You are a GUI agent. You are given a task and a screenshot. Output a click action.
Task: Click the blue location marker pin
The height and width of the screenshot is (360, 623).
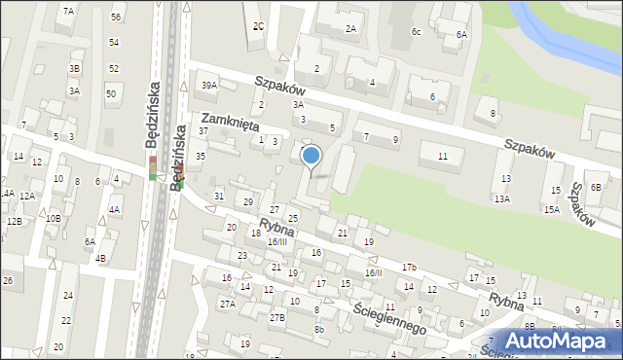coord(311,155)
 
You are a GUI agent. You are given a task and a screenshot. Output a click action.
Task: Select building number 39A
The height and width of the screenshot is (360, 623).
coord(209,86)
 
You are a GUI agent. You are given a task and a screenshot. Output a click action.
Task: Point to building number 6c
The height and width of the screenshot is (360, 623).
coord(416,32)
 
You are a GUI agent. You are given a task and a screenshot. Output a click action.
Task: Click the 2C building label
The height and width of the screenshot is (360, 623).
coord(258,26)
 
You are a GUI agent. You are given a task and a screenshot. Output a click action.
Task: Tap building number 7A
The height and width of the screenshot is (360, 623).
coord(68,11)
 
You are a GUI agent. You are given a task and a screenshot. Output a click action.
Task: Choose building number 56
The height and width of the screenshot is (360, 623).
coord(116,18)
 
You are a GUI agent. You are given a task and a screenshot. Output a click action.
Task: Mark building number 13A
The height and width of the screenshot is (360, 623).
coord(501,198)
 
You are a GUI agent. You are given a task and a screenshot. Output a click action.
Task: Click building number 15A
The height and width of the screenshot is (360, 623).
coord(551,209)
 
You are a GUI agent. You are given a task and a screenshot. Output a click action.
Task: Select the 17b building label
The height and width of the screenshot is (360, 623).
coord(410,267)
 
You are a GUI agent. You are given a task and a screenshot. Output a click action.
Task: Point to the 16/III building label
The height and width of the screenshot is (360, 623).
coord(277,241)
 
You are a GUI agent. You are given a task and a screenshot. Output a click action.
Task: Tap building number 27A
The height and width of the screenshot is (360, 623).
coord(227,305)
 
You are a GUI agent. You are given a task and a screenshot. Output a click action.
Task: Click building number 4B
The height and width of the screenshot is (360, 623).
coord(100,258)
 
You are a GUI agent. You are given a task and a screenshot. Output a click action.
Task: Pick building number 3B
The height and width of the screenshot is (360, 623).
coord(74,69)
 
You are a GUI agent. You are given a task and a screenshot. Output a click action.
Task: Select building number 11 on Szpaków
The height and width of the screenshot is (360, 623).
coord(443,157)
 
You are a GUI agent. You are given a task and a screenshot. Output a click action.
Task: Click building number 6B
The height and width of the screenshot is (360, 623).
coord(596,175)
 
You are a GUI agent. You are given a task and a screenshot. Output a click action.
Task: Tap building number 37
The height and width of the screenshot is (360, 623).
coord(203,130)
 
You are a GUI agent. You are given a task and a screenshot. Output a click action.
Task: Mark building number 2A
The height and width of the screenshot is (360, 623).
coord(350,29)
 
